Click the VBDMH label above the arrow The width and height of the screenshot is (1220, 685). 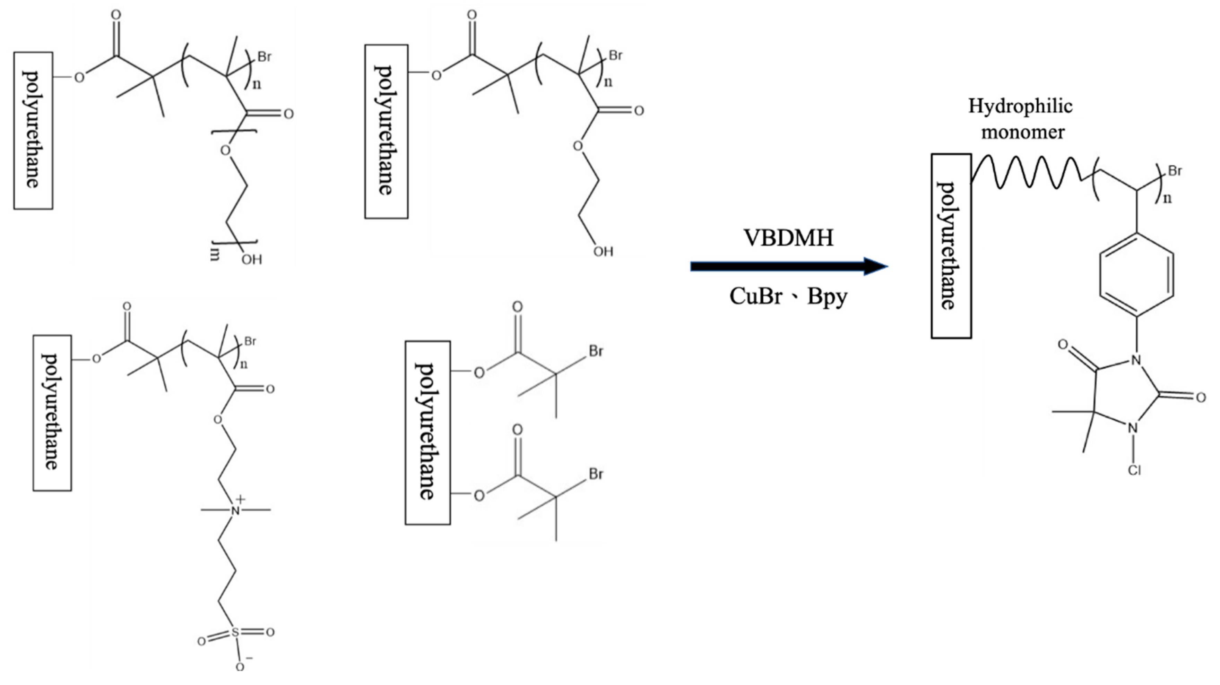point(789,238)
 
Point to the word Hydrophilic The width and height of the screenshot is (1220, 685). point(1020,106)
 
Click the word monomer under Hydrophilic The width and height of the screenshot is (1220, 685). point(1022,132)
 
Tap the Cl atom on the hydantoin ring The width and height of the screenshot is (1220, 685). point(1134,470)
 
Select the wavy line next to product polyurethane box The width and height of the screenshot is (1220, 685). point(1028,173)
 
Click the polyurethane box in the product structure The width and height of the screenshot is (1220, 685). point(951,246)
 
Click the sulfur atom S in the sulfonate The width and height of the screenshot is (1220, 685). point(235,632)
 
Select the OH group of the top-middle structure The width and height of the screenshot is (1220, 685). point(603,251)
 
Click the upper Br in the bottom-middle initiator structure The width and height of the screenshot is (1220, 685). point(596,351)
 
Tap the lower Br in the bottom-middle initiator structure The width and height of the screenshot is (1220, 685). point(596,474)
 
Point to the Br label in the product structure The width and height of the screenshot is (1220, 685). point(1175,171)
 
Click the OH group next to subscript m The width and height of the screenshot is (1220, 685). point(251,259)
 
